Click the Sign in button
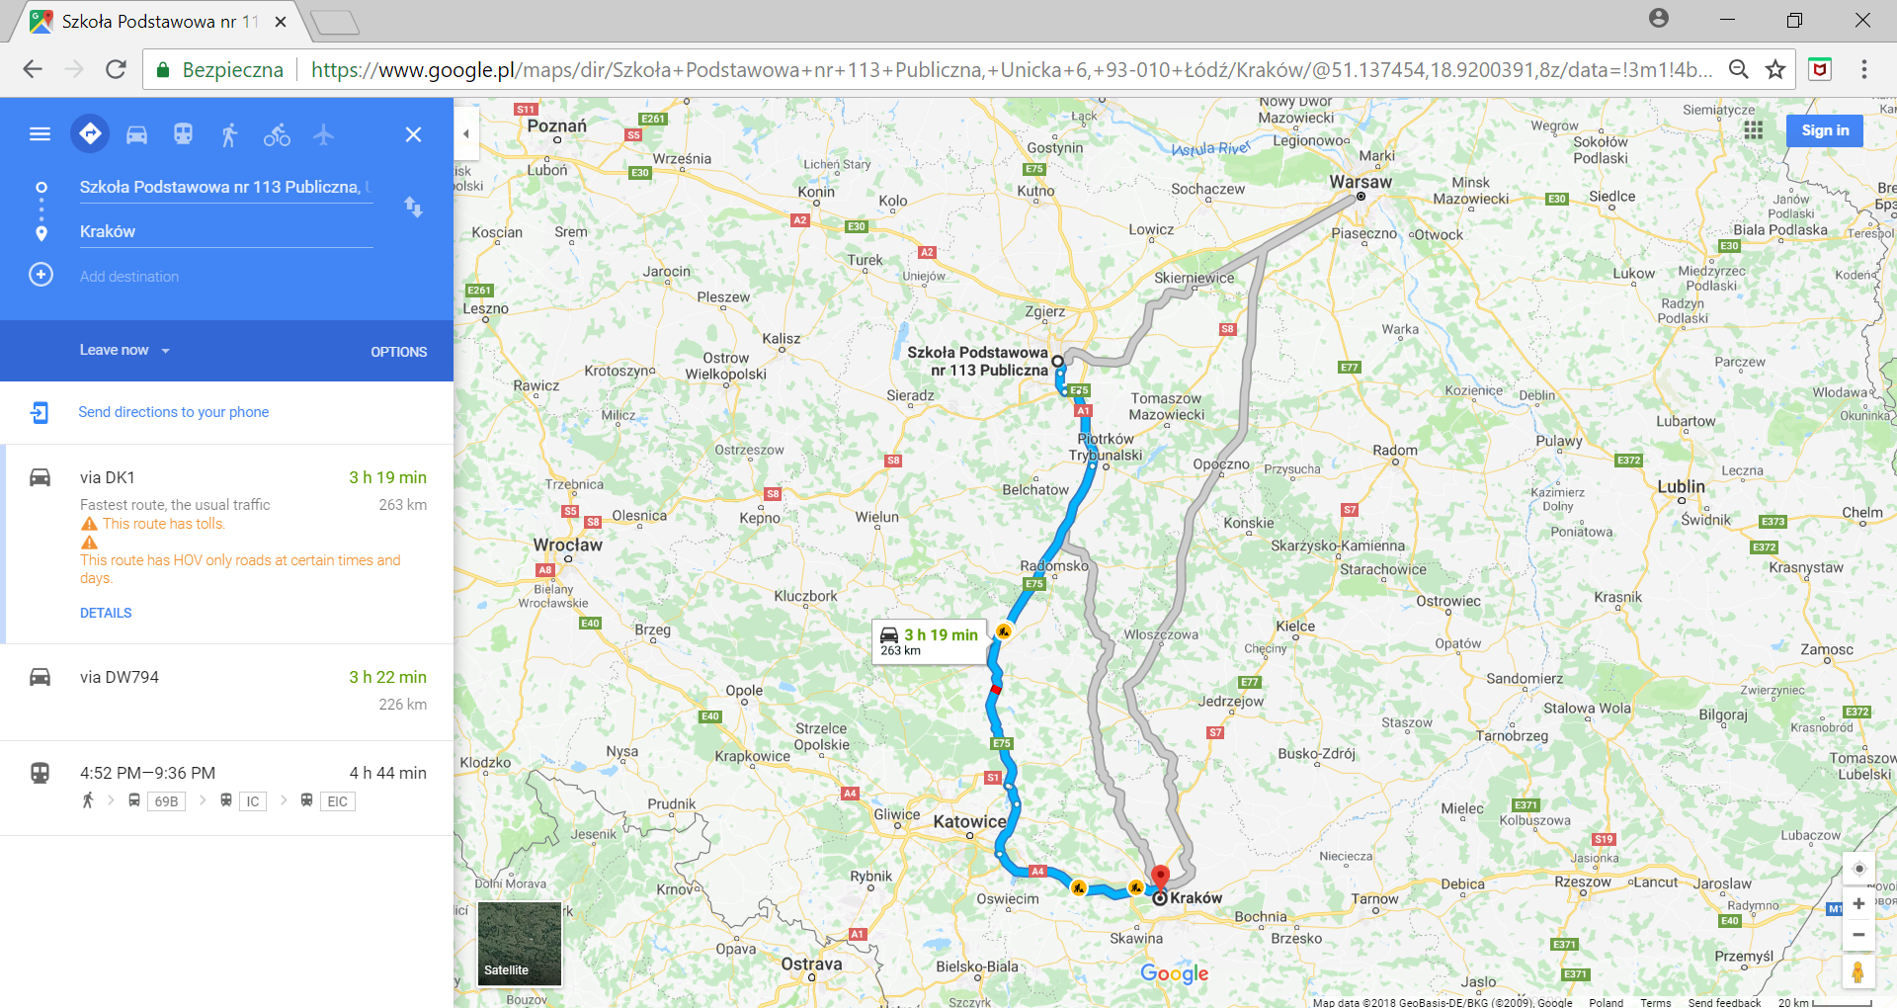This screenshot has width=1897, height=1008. pos(1824,130)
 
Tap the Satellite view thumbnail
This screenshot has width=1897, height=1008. pos(520,944)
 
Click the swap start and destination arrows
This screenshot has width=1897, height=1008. pos(413,207)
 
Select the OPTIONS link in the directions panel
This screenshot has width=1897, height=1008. pos(398,352)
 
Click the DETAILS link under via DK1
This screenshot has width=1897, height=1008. pos(106,613)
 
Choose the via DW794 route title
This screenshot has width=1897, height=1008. pos(120,677)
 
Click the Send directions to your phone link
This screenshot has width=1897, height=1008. pos(173,412)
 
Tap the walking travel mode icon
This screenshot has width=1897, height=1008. pos(229,134)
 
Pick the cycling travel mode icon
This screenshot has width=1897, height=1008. pos(277,134)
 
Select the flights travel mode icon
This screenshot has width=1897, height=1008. pos(324,134)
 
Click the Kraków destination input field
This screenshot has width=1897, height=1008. pos(225,231)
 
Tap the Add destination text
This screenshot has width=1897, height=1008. pos(129,277)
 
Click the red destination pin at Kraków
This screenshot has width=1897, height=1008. pos(1161,876)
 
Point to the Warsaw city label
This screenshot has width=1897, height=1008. pos(1360,182)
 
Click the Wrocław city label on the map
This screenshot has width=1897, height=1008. pos(567,545)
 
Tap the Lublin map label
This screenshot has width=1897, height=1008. pos(1681,486)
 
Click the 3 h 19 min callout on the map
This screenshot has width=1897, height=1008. pos(928,641)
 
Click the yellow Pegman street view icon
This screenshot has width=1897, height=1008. pos(1857,972)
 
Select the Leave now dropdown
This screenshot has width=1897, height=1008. pos(124,350)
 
